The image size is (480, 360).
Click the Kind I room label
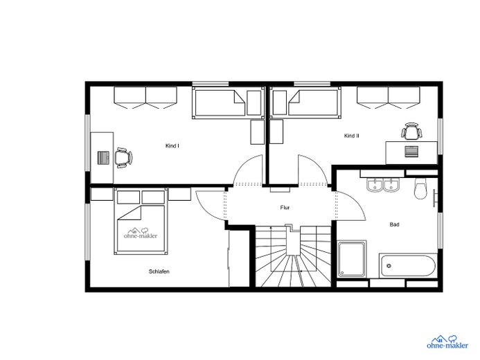172,146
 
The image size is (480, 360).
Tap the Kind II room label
351,136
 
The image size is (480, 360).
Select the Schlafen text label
159,271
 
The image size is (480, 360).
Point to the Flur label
285,208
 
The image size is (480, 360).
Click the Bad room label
394,224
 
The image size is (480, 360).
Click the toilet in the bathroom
420,188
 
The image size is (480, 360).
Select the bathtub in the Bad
407,266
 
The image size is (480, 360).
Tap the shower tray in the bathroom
352,259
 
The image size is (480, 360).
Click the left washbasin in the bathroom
375,186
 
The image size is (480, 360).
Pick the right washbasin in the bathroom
391,186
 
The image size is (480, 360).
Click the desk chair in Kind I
123,158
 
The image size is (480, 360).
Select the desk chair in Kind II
411,131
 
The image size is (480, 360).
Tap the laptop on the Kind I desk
104,158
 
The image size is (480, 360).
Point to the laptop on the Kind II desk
411,152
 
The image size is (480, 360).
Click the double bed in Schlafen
141,221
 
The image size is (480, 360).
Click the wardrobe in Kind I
145,98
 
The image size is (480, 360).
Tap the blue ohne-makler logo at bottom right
447,342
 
